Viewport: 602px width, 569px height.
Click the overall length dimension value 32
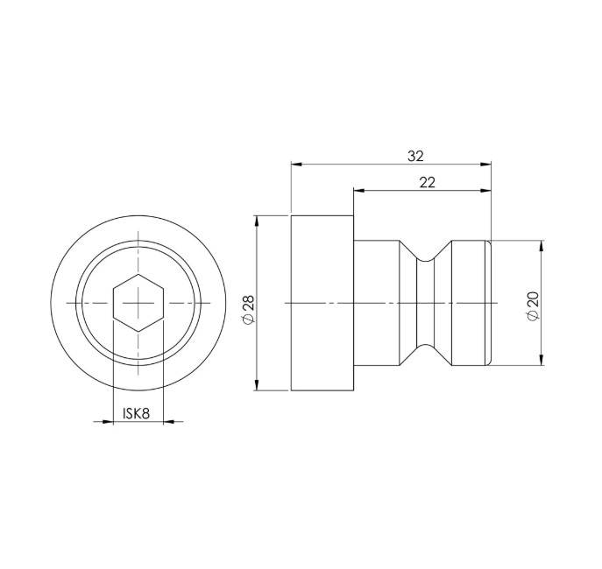click(x=415, y=156)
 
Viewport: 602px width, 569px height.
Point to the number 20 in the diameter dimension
click(x=533, y=299)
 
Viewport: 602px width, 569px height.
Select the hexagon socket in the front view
click(x=138, y=302)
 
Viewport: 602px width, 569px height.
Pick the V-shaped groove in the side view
click(x=427, y=302)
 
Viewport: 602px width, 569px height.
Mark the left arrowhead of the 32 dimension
click(x=297, y=164)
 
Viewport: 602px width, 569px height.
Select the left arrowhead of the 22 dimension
click(x=359, y=189)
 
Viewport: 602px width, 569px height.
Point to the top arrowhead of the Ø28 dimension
click(x=258, y=220)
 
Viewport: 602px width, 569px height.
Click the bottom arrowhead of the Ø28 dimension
click(x=258, y=385)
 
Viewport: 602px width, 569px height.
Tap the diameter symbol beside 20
click(x=533, y=317)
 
